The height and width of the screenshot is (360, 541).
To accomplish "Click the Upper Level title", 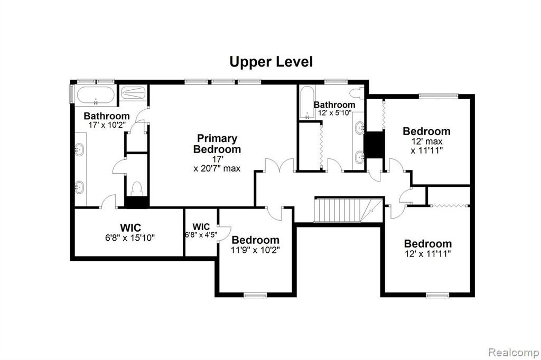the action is [x=271, y=62].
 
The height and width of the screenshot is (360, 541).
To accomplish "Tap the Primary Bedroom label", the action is [x=217, y=144].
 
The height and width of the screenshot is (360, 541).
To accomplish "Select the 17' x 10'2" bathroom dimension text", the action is [x=107, y=125].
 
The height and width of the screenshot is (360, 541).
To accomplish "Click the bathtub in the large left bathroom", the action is [x=96, y=96].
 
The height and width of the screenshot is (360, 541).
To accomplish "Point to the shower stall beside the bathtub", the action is [x=133, y=93].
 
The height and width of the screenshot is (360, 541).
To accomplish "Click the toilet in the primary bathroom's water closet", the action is [x=137, y=188].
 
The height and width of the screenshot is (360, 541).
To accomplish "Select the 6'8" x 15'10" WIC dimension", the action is [x=130, y=238].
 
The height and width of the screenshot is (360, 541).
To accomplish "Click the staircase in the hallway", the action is [x=348, y=210].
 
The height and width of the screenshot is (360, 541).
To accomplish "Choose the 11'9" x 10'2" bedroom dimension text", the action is [x=255, y=250].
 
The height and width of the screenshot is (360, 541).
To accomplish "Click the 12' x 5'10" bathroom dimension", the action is [x=334, y=113].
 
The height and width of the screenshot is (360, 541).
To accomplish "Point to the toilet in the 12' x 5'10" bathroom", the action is [x=357, y=93].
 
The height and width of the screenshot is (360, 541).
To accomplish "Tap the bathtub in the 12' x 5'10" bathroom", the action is [x=306, y=102].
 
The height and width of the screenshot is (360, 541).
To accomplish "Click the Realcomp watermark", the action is [x=514, y=353].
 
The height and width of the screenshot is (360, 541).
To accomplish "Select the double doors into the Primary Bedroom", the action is [x=279, y=165].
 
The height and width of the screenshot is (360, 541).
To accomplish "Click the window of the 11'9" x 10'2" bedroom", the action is [x=255, y=295].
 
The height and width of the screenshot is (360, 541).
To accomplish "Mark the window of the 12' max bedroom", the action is [x=439, y=96].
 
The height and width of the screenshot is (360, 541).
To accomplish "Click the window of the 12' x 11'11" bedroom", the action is [x=437, y=295].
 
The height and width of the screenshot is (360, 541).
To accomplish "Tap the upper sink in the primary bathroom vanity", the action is [x=79, y=150].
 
